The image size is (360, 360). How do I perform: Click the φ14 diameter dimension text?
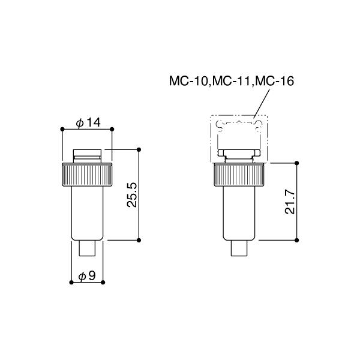(88, 122)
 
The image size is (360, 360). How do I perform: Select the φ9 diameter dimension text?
(87, 276)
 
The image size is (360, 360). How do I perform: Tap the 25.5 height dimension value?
(132, 195)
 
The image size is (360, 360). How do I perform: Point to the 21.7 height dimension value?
(290, 202)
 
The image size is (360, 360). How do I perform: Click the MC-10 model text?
(188, 81)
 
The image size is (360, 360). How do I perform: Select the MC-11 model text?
(231, 81)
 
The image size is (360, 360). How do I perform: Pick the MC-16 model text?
(274, 81)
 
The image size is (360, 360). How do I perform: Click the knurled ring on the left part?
(87, 175)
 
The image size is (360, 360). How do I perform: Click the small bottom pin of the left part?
(87, 248)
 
